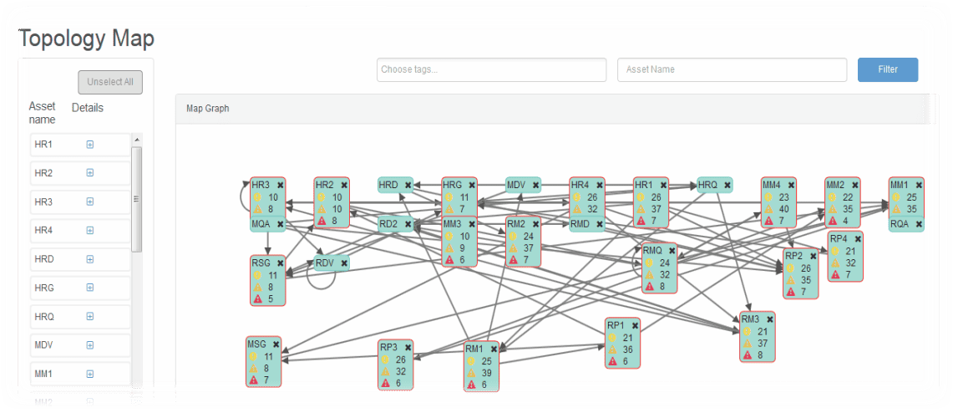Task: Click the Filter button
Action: coord(887,69)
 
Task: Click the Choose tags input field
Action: coord(491,69)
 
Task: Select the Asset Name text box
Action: coord(732,69)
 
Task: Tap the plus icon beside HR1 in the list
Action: coord(90,145)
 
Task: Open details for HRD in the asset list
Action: coord(90,259)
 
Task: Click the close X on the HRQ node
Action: coord(727,185)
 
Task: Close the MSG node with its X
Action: coord(276,344)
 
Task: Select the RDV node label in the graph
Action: coord(325,263)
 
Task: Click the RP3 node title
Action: coord(388,347)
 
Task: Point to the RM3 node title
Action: coord(750,319)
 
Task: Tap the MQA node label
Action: coord(261,224)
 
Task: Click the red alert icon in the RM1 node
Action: coord(469,385)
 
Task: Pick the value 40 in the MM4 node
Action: coord(783,209)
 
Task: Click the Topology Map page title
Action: coord(86,38)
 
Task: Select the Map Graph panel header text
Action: coord(207,109)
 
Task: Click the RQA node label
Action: coord(900,224)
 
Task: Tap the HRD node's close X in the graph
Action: coord(408,185)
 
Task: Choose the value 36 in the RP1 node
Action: coord(627,349)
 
